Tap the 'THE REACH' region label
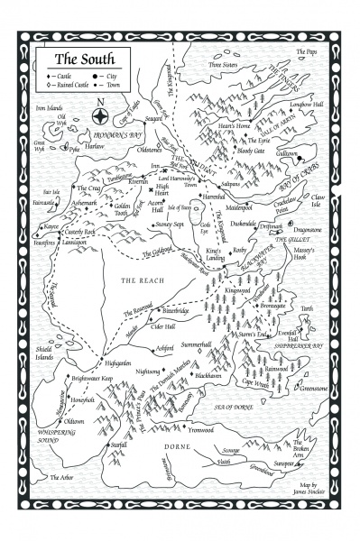click(x=141, y=281)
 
